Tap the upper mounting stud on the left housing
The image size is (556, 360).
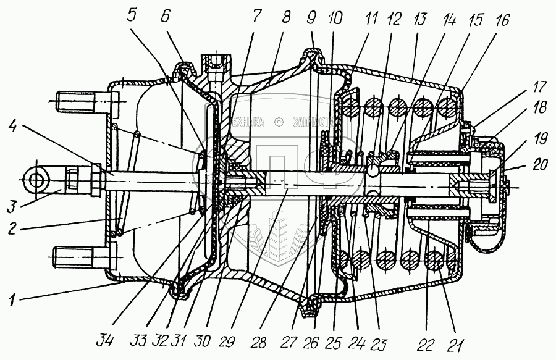tap(77, 98)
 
